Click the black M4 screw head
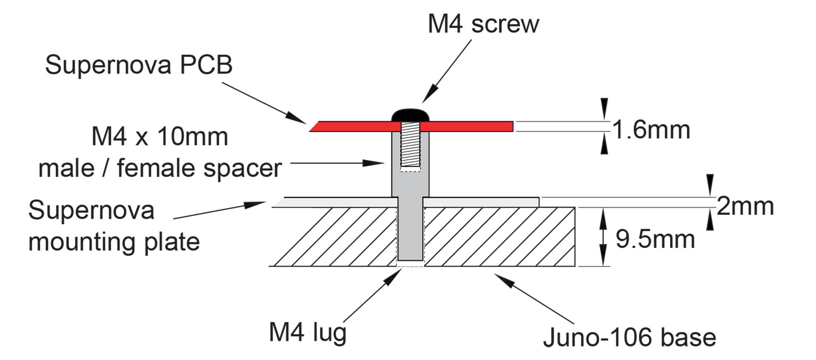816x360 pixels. (411, 115)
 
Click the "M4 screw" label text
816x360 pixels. (483, 24)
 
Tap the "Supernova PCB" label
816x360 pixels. (139, 65)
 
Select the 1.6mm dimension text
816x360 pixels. (651, 130)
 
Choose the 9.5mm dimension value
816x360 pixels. (655, 239)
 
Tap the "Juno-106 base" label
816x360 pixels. (629, 338)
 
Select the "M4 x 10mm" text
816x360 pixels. (160, 137)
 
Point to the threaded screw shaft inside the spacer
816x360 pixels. (411, 145)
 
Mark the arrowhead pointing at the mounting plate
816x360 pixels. (255, 204)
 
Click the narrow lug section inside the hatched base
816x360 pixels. (411, 234)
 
